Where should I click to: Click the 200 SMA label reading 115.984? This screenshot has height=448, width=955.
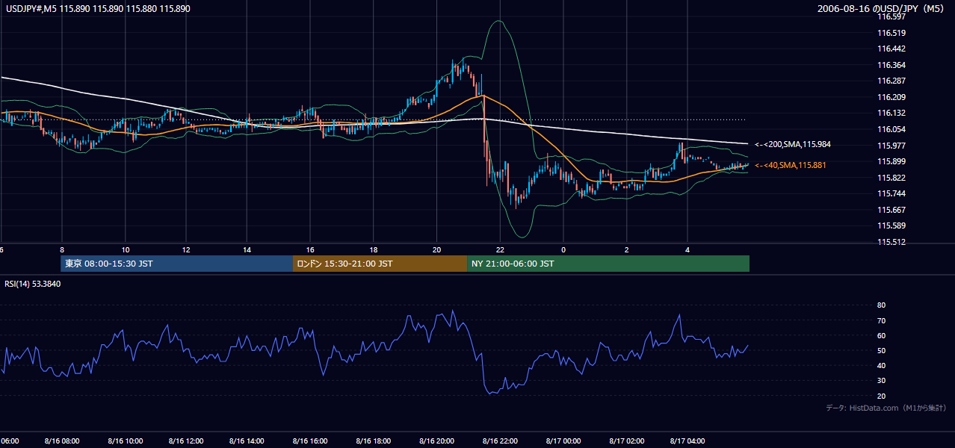click(793, 144)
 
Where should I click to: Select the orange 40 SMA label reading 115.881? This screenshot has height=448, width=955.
click(790, 165)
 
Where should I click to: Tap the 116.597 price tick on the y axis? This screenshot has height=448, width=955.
click(891, 16)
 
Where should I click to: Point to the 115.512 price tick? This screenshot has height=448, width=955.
click(891, 242)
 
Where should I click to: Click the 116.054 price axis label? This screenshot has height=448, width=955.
click(891, 129)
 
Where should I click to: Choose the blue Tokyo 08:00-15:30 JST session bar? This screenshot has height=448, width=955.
click(176, 264)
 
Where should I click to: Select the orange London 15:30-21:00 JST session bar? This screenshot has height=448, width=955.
click(380, 264)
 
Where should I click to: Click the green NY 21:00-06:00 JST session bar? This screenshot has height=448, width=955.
click(608, 264)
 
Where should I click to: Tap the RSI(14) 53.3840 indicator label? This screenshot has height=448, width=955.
click(32, 284)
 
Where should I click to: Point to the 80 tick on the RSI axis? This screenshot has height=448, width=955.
click(881, 305)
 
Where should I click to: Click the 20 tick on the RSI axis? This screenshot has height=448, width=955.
click(881, 396)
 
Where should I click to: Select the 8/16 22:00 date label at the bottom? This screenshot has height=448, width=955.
click(500, 441)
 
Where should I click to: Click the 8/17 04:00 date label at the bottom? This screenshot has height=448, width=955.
click(687, 441)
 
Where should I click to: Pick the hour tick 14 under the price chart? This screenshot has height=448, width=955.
click(247, 250)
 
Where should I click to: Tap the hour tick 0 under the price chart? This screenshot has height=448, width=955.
click(563, 250)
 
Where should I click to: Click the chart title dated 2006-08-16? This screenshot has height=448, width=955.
click(880, 8)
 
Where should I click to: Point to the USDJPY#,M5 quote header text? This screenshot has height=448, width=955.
click(98, 8)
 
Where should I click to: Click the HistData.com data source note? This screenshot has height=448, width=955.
click(886, 408)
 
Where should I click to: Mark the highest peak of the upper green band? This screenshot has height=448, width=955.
click(498, 20)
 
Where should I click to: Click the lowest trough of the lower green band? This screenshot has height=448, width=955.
click(522, 237)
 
